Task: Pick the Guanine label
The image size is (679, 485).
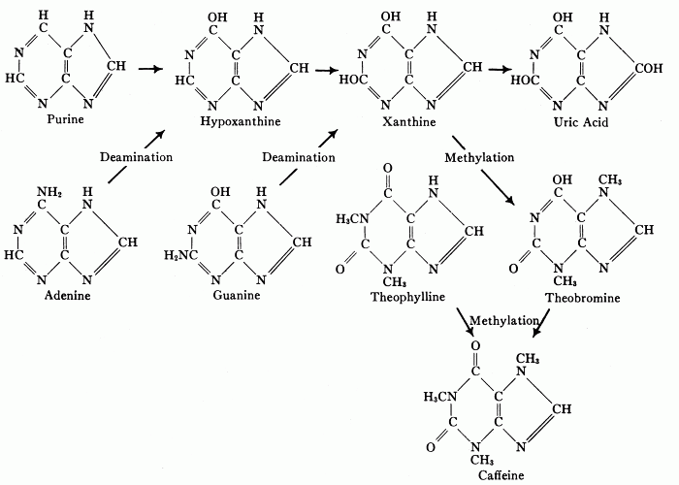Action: (237, 294)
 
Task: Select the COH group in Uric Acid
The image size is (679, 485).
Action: (643, 70)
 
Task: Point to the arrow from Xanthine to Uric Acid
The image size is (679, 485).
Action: (500, 70)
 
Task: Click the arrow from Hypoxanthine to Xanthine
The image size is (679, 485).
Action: (326, 70)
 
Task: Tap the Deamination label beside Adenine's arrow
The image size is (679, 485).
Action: (137, 156)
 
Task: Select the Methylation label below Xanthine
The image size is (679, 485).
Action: (479, 156)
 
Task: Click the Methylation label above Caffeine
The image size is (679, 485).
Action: (503, 320)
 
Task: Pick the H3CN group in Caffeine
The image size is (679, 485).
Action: (441, 397)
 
